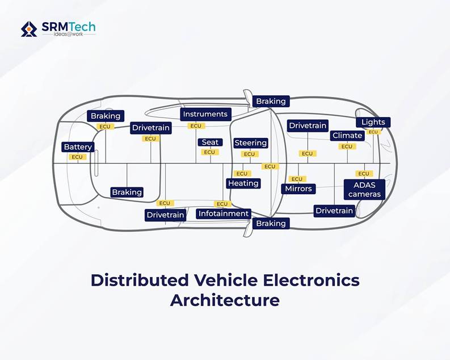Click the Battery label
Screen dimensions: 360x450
click(x=78, y=147)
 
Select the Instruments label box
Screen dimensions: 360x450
click(x=205, y=114)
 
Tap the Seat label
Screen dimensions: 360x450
click(x=210, y=143)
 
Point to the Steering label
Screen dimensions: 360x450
click(x=251, y=143)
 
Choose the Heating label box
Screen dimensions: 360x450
click(x=243, y=183)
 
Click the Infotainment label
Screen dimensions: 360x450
click(x=224, y=214)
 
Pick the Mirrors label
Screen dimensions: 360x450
click(x=298, y=189)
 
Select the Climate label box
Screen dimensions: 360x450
click(x=347, y=136)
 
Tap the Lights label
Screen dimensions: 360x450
click(x=373, y=122)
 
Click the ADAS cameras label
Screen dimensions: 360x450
click(x=364, y=190)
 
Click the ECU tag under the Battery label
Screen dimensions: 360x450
click(x=77, y=157)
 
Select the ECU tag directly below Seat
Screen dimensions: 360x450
click(x=210, y=152)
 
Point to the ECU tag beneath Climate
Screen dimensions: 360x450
click(x=347, y=146)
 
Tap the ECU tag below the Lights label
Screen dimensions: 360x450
click(x=373, y=132)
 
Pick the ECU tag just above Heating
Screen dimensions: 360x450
click(x=242, y=174)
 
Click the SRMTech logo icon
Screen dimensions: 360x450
click(x=29, y=29)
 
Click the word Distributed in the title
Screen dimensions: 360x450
click(x=140, y=280)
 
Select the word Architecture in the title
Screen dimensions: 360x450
click(x=225, y=300)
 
